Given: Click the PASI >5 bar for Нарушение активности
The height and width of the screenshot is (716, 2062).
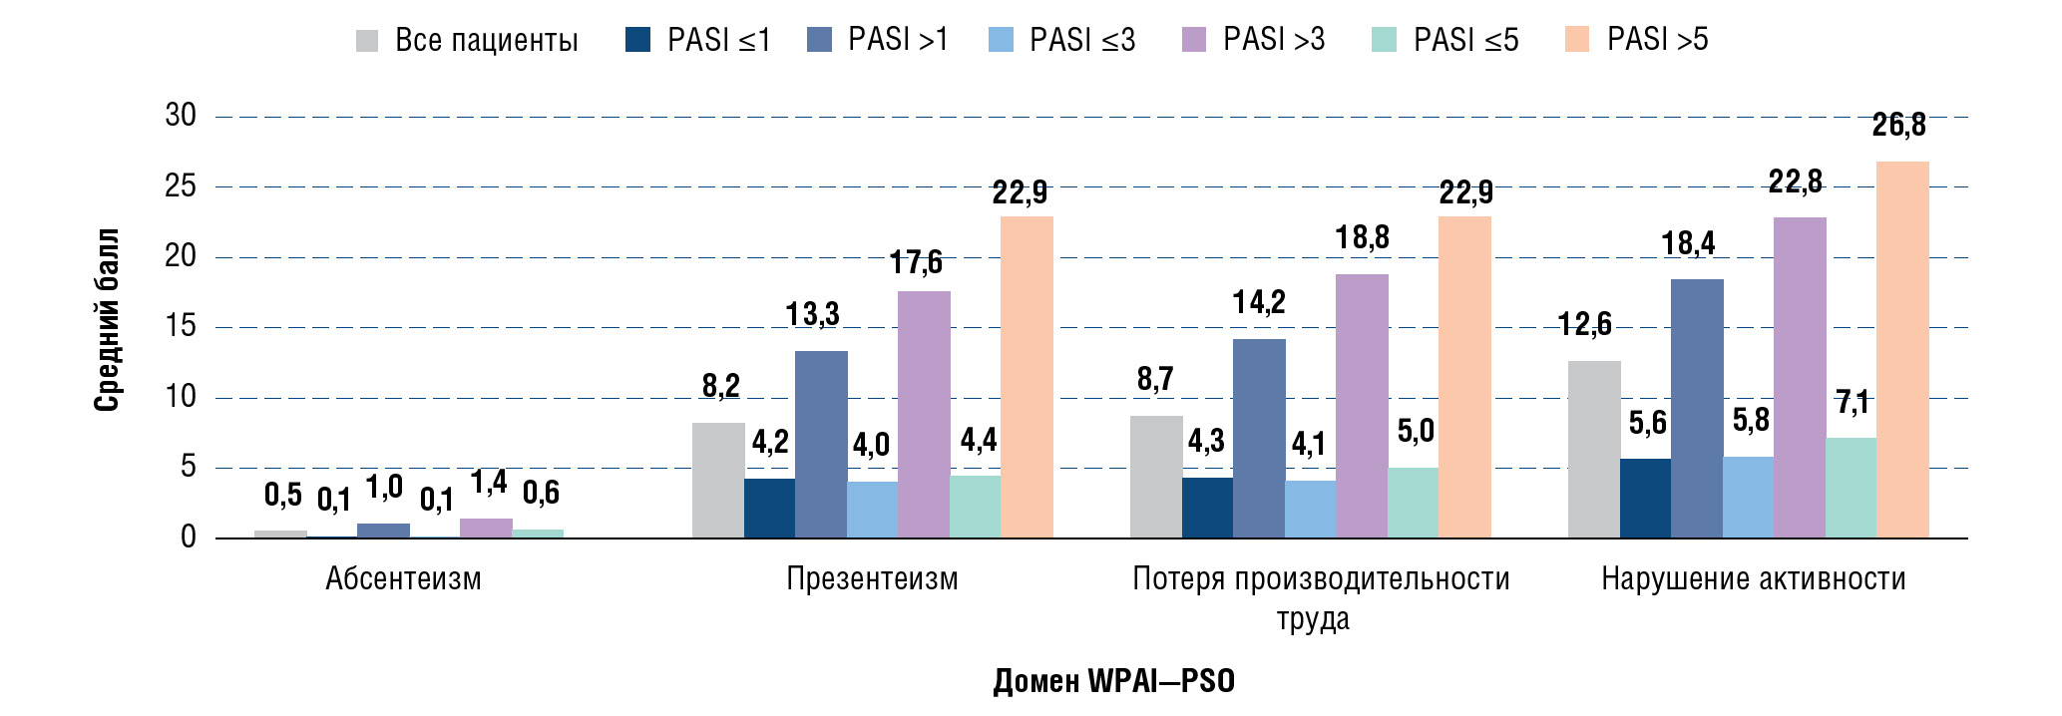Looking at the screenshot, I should pyautogui.click(x=1902, y=349).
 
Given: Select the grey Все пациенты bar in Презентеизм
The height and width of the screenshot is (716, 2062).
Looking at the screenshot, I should pyautogui.click(x=718, y=481).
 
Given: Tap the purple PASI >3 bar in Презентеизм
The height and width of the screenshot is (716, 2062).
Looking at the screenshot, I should pyautogui.click(x=924, y=414).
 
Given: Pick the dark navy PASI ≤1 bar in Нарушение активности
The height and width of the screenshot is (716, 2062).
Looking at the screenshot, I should pyautogui.click(x=1646, y=499).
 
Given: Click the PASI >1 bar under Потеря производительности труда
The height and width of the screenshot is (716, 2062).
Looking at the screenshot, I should pyautogui.click(x=1259, y=439).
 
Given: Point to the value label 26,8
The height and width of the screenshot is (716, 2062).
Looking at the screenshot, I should pyautogui.click(x=1898, y=126).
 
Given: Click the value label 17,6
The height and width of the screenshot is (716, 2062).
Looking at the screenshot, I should pyautogui.click(x=916, y=263).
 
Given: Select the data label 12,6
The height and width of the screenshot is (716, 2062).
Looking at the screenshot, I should pyautogui.click(x=1584, y=324).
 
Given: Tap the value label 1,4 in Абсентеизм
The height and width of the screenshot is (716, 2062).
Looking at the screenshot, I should pyautogui.click(x=489, y=484).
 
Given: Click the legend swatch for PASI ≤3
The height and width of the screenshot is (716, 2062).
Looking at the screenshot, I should pyautogui.click(x=1001, y=40).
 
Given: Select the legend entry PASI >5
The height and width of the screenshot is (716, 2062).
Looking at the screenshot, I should pyautogui.click(x=1657, y=40).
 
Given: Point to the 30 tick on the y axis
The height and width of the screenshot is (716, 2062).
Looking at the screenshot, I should pyautogui.click(x=181, y=116).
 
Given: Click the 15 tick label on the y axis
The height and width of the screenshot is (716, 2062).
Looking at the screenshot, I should pyautogui.click(x=181, y=326).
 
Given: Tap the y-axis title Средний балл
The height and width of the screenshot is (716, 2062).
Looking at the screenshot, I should pyautogui.click(x=107, y=319).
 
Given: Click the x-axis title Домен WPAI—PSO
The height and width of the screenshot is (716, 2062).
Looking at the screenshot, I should pyautogui.click(x=1113, y=681).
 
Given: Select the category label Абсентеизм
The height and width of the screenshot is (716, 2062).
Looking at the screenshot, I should pyautogui.click(x=403, y=579).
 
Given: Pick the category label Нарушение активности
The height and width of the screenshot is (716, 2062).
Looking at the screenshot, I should pyautogui.click(x=1753, y=579).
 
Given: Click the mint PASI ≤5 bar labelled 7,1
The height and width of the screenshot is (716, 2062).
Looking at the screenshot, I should pyautogui.click(x=1851, y=489).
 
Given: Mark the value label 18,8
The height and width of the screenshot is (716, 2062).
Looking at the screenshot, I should pyautogui.click(x=1362, y=238).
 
